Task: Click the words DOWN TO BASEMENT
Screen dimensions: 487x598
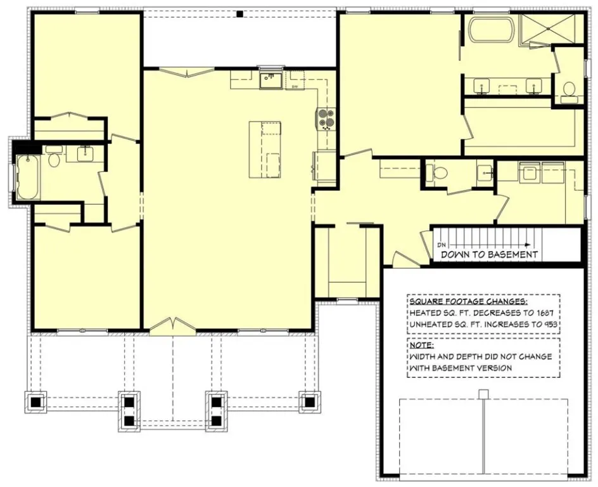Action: [489, 254]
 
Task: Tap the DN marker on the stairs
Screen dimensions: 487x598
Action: [442, 244]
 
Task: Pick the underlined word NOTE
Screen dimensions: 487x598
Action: [422, 346]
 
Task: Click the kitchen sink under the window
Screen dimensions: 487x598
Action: [271, 81]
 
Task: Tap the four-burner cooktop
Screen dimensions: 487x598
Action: [326, 118]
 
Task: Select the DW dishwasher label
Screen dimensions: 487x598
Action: [295, 86]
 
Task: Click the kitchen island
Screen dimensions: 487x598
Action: [265, 150]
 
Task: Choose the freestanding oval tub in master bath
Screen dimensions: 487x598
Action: [490, 30]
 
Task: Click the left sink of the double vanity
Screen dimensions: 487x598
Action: [483, 84]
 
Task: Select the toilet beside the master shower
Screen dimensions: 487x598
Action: [568, 90]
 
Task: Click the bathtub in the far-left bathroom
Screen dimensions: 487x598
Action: [28, 177]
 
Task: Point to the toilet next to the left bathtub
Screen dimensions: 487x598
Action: [54, 159]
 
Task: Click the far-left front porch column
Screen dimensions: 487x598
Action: [35, 401]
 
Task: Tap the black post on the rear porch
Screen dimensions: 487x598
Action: [239, 13]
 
